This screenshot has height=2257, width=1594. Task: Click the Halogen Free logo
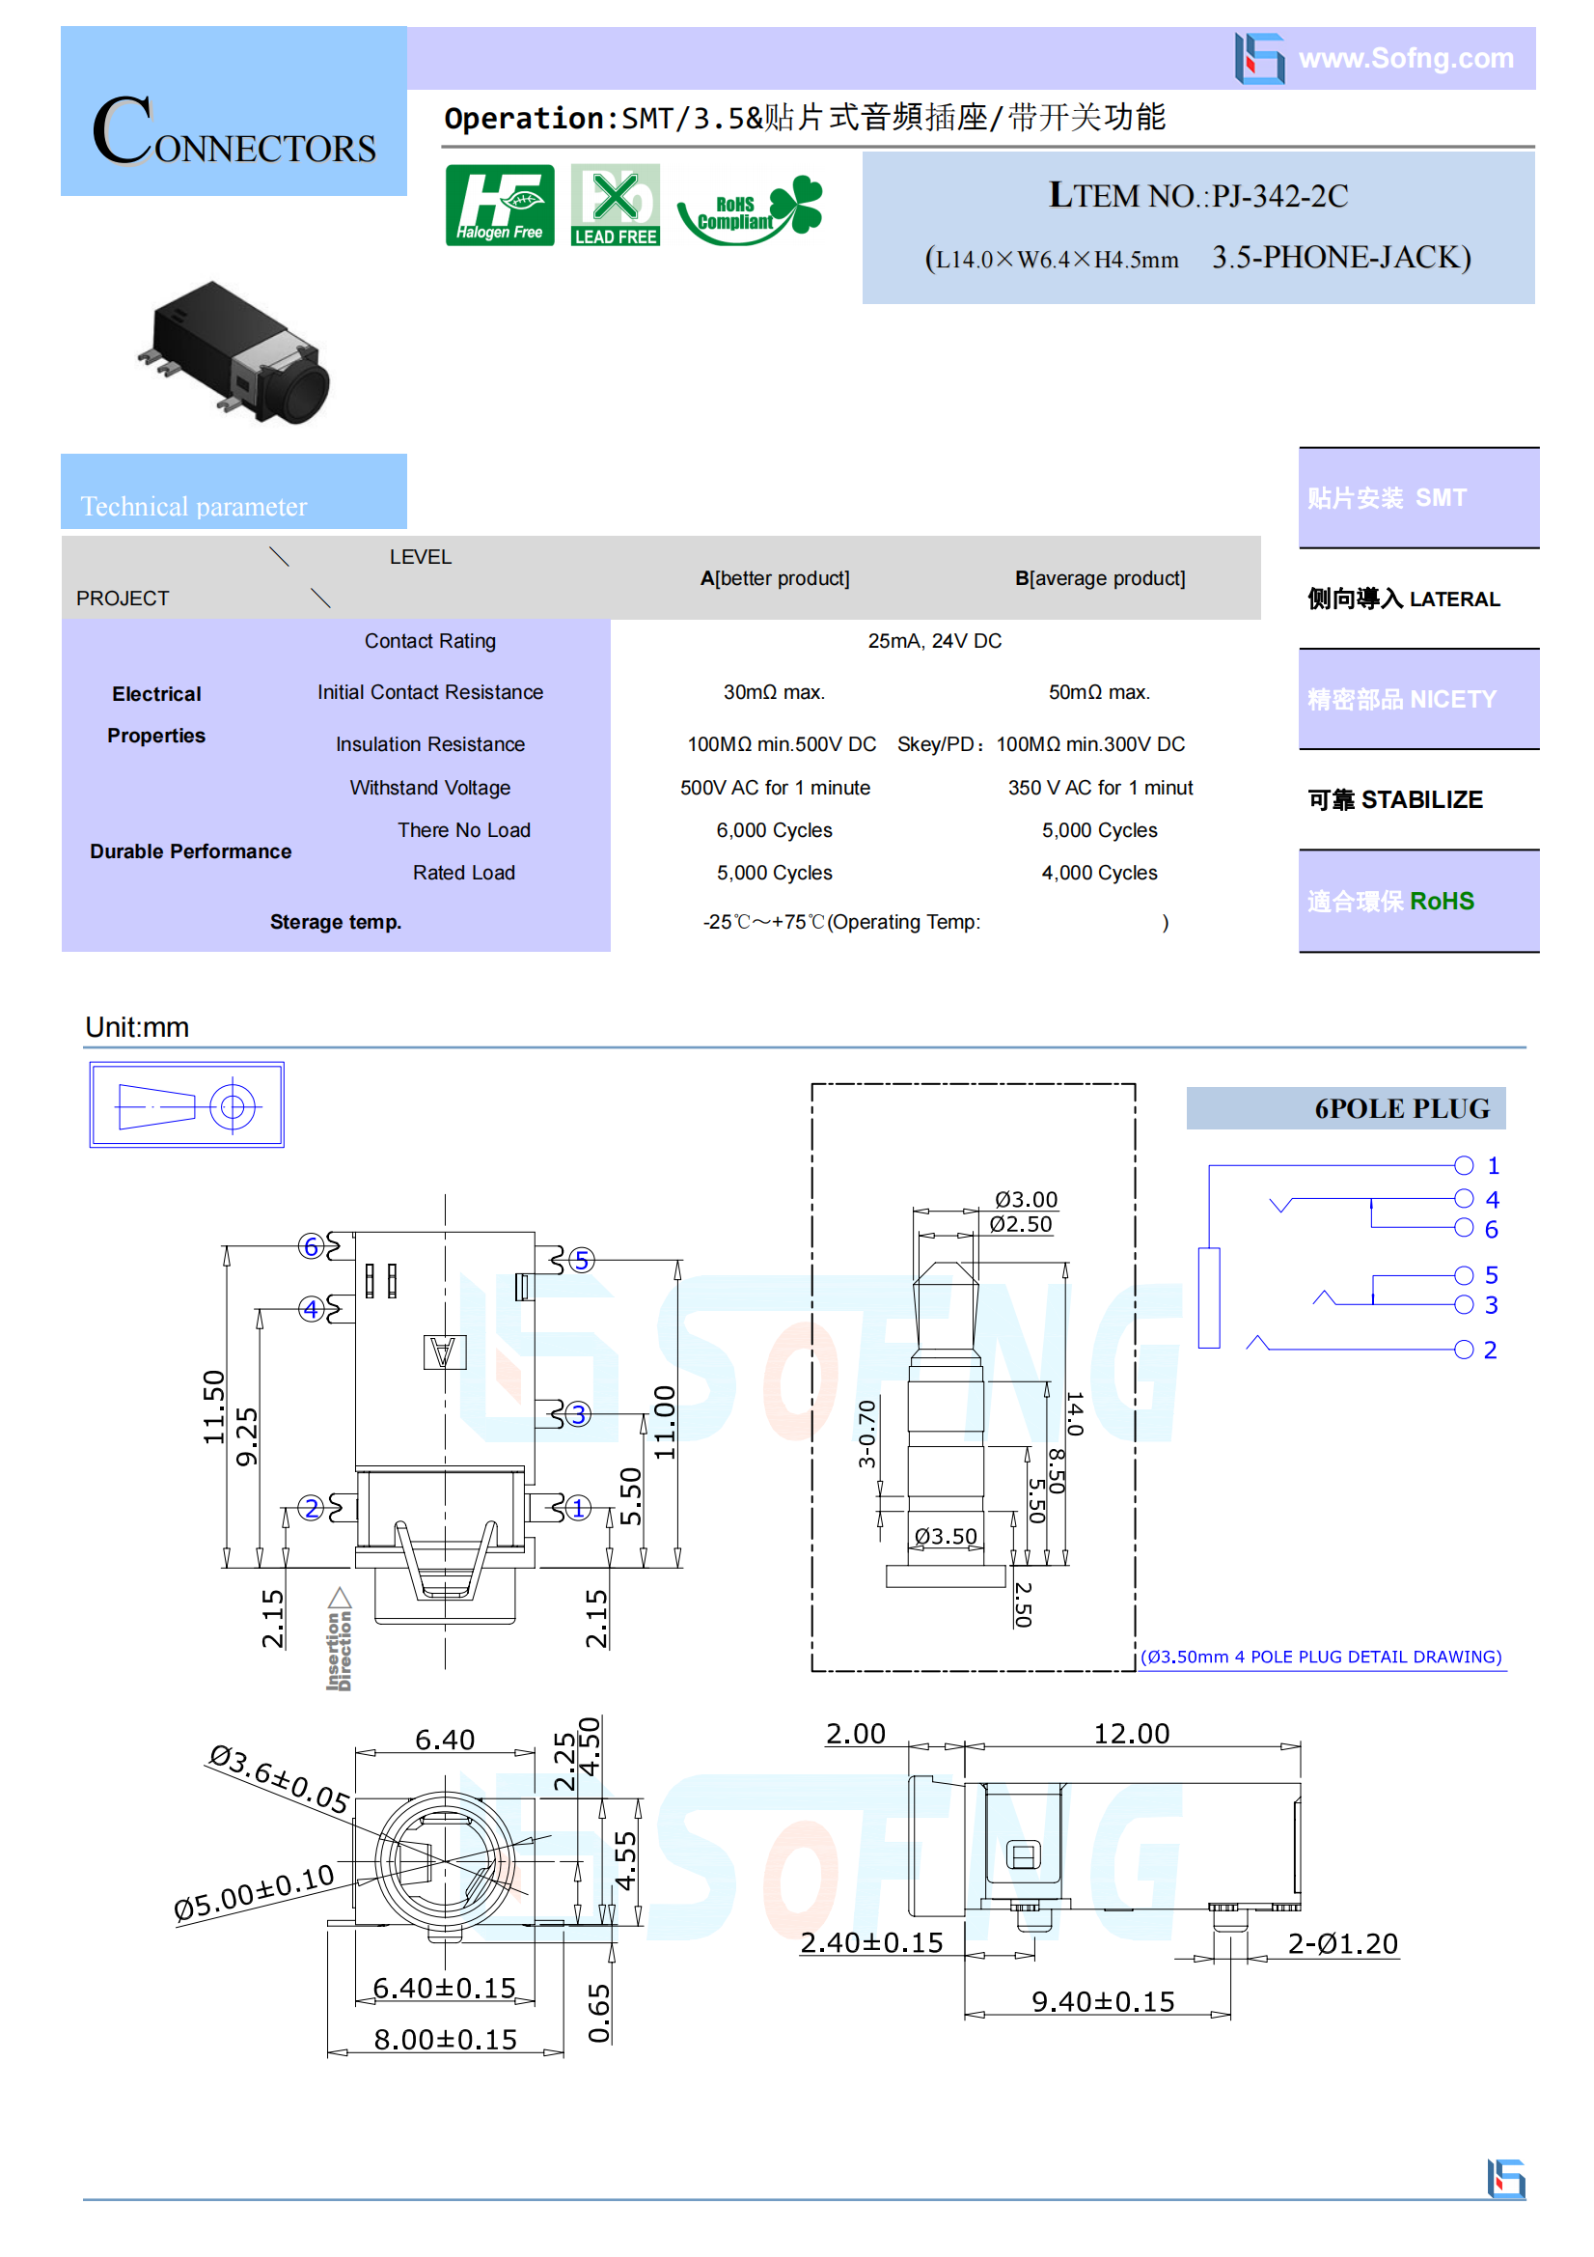[x=499, y=205]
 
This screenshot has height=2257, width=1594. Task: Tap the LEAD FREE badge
[x=616, y=205]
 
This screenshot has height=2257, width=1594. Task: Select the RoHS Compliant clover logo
[x=750, y=209]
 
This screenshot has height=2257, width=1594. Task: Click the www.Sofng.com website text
[x=1405, y=58]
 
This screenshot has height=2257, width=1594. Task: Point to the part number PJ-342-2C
[x=1279, y=196]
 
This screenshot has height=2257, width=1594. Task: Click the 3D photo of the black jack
[x=234, y=351]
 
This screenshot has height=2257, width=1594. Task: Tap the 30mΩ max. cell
[x=775, y=692]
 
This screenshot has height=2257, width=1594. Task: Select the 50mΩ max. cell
[x=1100, y=692]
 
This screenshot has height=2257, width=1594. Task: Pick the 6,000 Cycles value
[x=775, y=829]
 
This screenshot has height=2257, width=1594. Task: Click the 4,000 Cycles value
[x=1100, y=872]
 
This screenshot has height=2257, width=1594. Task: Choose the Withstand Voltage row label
[x=430, y=788]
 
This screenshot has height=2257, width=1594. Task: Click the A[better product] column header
[x=776, y=578]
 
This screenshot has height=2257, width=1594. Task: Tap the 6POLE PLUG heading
[x=1401, y=1108]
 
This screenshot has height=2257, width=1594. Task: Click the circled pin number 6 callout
[x=312, y=1246]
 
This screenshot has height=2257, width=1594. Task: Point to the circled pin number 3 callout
[x=578, y=1413]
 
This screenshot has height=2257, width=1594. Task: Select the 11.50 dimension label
[x=214, y=1407]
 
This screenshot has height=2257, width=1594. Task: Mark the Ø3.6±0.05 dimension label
[x=280, y=1778]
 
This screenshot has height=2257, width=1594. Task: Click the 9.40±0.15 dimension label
[x=1103, y=2002]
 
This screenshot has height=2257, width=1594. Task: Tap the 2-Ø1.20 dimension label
[x=1342, y=1943]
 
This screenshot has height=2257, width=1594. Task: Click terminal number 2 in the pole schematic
[x=1490, y=1350]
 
